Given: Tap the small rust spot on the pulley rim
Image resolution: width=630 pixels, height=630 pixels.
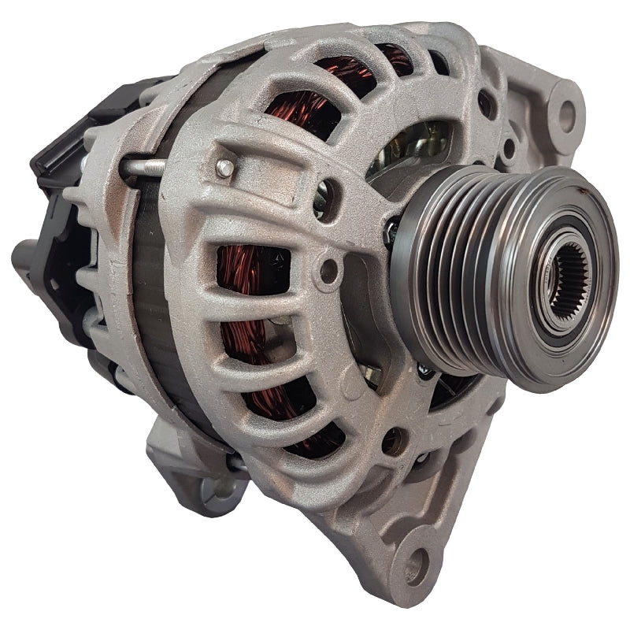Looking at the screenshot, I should tap(580, 191).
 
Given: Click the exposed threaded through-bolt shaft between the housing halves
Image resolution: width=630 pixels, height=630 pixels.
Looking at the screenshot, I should tap(143, 166).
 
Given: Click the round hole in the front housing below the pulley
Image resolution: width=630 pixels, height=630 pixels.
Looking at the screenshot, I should tap(391, 441).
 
